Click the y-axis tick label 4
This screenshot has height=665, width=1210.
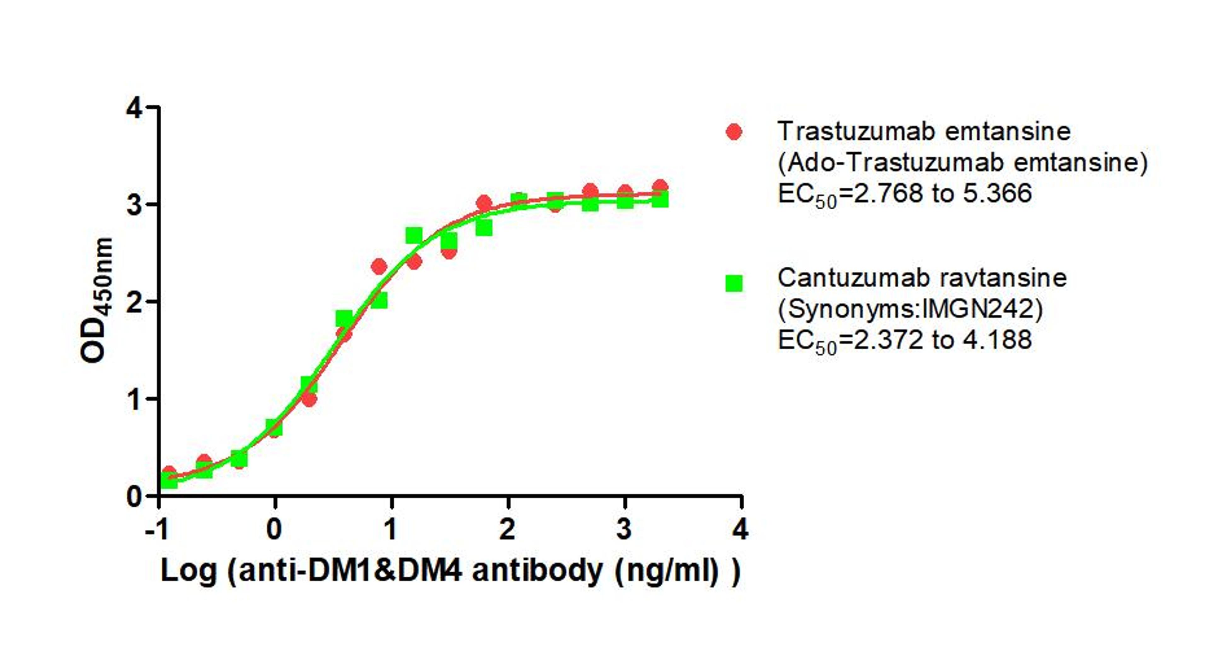[x=134, y=109]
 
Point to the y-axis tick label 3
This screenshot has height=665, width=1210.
[x=134, y=205]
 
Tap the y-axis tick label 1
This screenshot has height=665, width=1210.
[x=134, y=400]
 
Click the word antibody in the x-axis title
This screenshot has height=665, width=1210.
[x=537, y=571]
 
